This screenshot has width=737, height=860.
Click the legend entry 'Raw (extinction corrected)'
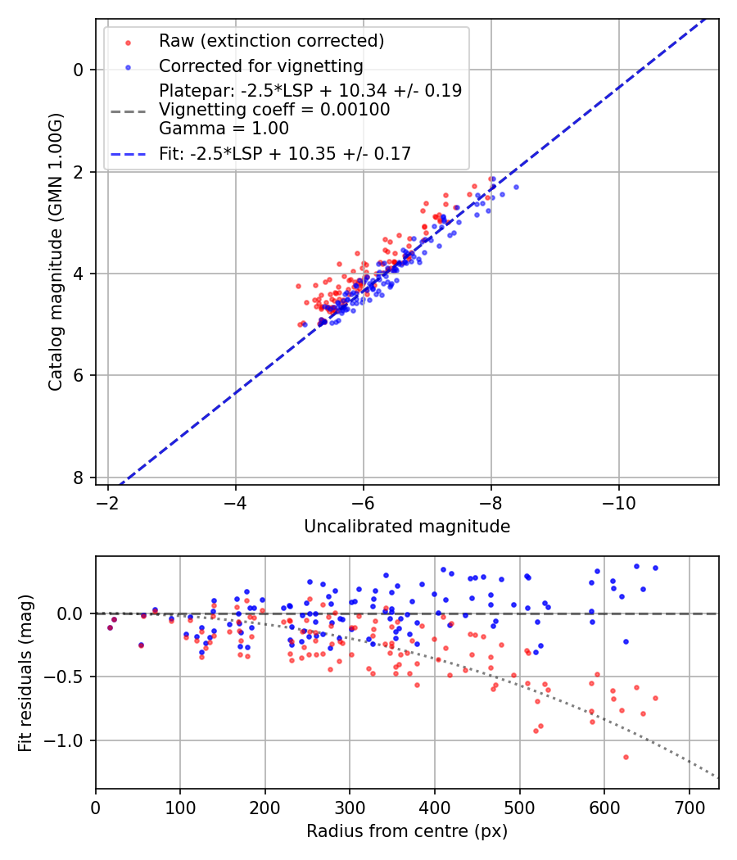[271, 41]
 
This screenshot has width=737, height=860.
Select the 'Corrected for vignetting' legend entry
[260, 66]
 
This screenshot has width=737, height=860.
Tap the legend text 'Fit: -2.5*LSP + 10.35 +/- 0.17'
[285, 153]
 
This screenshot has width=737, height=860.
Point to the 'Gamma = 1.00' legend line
[224, 128]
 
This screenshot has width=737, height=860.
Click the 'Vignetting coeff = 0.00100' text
[274, 109]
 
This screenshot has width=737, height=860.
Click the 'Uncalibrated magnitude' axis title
[407, 527]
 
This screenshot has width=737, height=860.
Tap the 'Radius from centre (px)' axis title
[407, 831]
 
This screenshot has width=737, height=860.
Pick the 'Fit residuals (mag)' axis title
[25, 673]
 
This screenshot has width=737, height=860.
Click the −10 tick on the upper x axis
[618, 500]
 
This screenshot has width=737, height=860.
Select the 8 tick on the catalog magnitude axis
[79, 478]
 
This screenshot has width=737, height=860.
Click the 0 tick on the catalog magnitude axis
[79, 70]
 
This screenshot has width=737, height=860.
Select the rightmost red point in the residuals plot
[655, 698]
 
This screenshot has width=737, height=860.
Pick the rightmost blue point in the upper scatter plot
[516, 187]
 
